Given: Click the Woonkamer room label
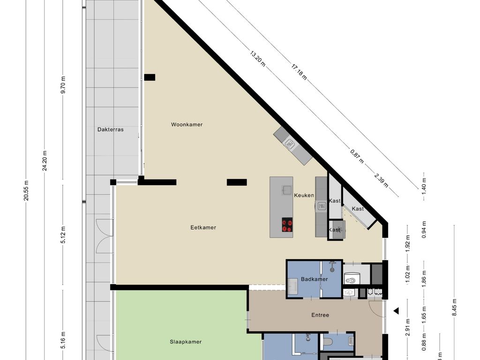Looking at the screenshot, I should [x=187, y=125].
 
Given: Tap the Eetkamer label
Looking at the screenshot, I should [x=203, y=228].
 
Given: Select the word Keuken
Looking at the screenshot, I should [x=304, y=195].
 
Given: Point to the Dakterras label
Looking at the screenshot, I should [x=111, y=129].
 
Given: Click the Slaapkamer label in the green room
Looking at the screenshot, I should [x=186, y=342].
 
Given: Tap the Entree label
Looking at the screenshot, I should [x=320, y=315].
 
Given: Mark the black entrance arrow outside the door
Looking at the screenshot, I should [x=396, y=310].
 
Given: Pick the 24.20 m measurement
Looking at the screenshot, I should [x=45, y=161].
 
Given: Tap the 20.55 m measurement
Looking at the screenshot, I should [x=26, y=191].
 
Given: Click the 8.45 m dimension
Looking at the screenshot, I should [x=454, y=308].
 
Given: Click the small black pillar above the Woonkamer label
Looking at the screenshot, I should [x=150, y=77].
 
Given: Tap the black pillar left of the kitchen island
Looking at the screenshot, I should [x=237, y=182].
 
